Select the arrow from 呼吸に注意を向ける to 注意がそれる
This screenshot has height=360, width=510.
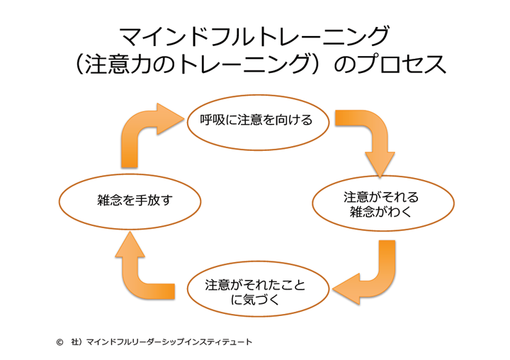point(371,138)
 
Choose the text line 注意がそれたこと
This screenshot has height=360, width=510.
point(255,283)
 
